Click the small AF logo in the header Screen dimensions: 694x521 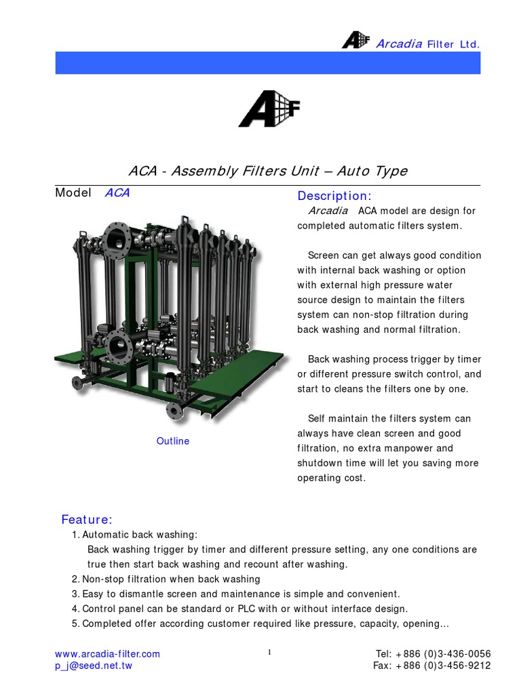point(355,41)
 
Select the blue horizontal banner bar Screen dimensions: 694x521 point(267,62)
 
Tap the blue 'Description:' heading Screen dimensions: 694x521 point(334,196)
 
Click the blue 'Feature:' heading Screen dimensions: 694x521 point(87,520)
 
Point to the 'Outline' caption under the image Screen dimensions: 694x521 point(173,441)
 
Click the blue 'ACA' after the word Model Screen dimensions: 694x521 point(117,193)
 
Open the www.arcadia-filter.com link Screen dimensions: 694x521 point(107,654)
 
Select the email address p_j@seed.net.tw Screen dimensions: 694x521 point(93,666)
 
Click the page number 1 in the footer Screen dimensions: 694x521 point(269,653)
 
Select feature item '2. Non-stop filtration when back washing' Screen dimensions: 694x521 point(166,579)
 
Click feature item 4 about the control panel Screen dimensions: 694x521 point(239,609)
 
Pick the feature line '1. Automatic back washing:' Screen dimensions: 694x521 point(134,535)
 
